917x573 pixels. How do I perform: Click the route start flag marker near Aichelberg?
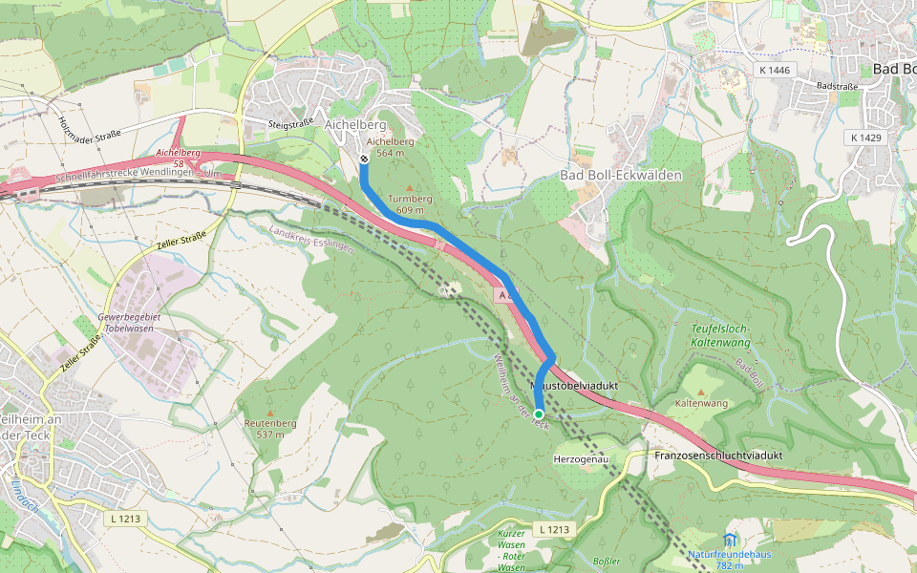coord(364,159)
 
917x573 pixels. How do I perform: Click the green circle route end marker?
coord(539,414)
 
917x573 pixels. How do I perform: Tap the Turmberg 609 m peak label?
coord(410,204)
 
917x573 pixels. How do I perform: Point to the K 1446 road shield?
coord(774,70)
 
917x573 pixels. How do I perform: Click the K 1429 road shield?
coord(865,138)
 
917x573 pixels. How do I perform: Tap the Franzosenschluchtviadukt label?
coord(718,456)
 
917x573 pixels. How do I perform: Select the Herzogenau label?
coord(581,459)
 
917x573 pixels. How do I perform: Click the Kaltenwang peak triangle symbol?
coord(701,392)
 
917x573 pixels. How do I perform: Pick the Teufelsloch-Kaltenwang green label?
coord(720,334)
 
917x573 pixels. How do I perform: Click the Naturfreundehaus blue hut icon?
coord(731,540)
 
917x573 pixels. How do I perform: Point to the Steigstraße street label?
coord(291,123)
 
